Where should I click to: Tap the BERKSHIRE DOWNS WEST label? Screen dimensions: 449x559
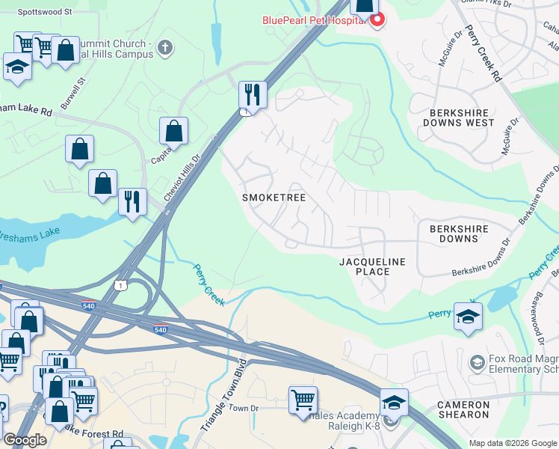point(458,116)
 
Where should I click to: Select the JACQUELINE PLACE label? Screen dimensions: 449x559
point(372,266)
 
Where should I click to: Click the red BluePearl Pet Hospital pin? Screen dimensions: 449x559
point(377,19)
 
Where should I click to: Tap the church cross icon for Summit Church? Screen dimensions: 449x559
point(165,49)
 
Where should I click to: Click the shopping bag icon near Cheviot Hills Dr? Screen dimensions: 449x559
point(173,131)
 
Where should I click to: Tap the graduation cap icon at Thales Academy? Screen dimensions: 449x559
point(394,402)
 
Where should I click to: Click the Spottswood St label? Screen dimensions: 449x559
point(44,13)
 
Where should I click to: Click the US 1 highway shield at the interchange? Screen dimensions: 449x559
point(119,285)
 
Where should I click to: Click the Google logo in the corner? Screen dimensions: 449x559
point(25,440)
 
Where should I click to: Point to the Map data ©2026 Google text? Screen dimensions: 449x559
point(512,443)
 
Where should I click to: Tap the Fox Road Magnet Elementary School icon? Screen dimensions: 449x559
point(475,363)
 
